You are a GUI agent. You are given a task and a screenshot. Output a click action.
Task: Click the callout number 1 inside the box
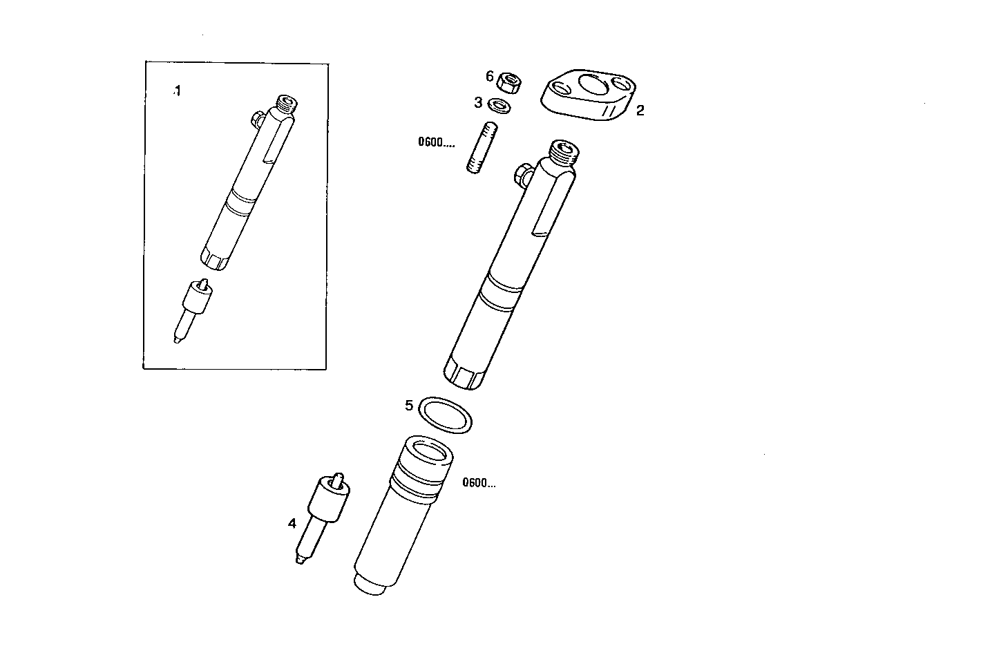[178, 91]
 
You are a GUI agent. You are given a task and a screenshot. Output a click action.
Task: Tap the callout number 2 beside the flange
[640, 111]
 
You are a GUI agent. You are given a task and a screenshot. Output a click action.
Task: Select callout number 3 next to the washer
[477, 103]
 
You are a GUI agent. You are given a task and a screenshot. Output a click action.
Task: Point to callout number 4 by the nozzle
[292, 524]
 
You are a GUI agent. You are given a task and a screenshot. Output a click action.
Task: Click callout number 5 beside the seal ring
[409, 405]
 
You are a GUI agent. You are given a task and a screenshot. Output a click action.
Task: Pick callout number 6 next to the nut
[490, 76]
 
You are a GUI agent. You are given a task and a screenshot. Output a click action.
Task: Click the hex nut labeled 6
[509, 82]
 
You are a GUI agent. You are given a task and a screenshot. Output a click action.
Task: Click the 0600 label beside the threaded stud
[436, 143]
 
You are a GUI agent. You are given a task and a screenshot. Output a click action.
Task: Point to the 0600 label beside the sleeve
[479, 483]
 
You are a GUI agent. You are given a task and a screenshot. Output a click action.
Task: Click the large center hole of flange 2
[591, 85]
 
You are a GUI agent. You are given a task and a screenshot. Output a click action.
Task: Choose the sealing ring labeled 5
[447, 415]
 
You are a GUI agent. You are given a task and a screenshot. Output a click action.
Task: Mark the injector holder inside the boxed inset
[248, 183]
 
